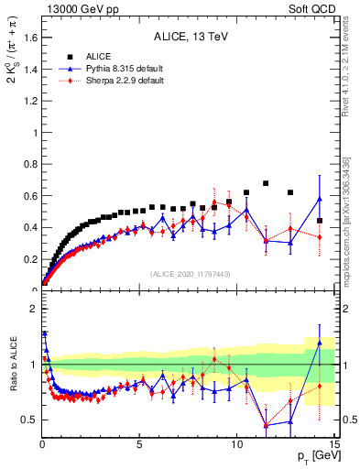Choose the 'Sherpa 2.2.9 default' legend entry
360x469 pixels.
(x=118, y=81)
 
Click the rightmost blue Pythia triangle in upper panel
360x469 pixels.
(x=319, y=199)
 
